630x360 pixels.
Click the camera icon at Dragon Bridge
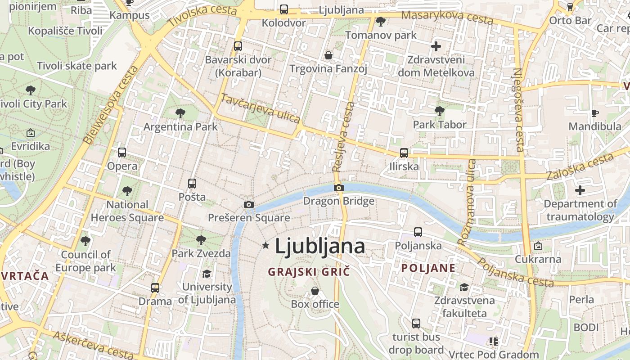point(339,188)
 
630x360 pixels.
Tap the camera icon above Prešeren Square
point(248,205)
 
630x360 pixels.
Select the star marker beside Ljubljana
point(266,246)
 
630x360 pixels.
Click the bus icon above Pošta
point(192,184)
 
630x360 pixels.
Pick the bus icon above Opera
point(122,153)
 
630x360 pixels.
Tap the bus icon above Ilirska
point(404,153)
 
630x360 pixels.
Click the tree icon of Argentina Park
point(180,113)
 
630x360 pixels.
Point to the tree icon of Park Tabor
point(440,111)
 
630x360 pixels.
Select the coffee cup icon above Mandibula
point(595,113)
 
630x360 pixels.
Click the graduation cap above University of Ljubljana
point(207,274)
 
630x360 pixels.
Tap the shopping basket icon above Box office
point(315,291)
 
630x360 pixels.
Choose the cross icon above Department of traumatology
point(580,190)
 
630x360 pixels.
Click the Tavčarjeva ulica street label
point(261,108)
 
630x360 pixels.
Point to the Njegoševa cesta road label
point(518,109)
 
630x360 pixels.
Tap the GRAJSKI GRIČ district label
point(309,272)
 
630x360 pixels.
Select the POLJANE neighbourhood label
point(428,269)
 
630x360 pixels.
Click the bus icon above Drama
point(155,288)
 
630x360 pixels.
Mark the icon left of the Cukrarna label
point(538,246)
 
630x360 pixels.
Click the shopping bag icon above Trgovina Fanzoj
point(328,55)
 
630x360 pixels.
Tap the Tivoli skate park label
point(77,66)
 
